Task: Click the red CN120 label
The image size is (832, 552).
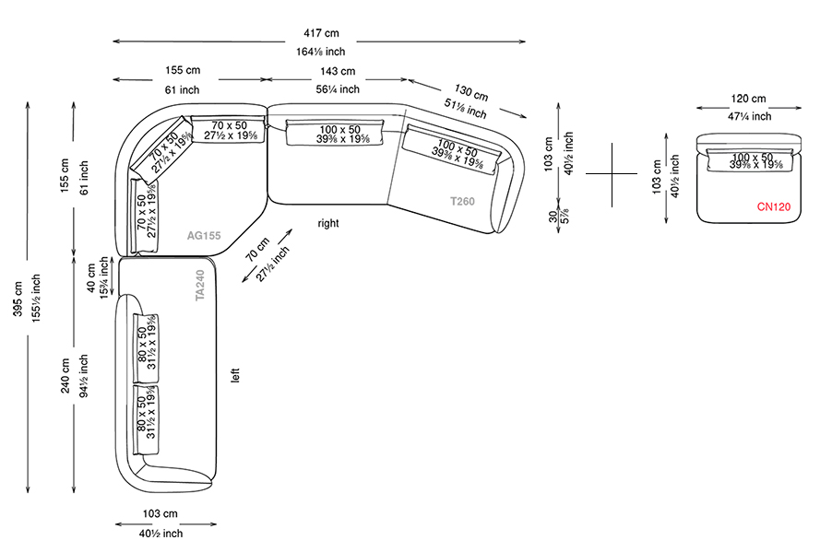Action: tap(775, 207)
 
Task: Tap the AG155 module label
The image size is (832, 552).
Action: tap(204, 236)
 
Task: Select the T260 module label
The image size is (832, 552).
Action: tap(462, 201)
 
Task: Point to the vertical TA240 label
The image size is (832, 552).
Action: tap(200, 286)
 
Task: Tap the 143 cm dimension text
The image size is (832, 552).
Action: tap(337, 71)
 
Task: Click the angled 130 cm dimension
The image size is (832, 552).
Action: tap(471, 93)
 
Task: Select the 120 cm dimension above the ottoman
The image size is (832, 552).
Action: tap(748, 99)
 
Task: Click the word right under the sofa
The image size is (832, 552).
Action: tap(327, 223)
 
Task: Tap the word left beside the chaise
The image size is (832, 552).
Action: tap(236, 376)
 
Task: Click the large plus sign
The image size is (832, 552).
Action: tap(611, 172)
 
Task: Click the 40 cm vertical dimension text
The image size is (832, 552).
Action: tap(90, 277)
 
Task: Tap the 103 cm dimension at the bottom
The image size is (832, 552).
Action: tap(160, 513)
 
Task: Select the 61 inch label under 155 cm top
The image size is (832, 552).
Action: tap(182, 89)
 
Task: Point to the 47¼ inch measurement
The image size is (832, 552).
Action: tap(748, 116)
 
